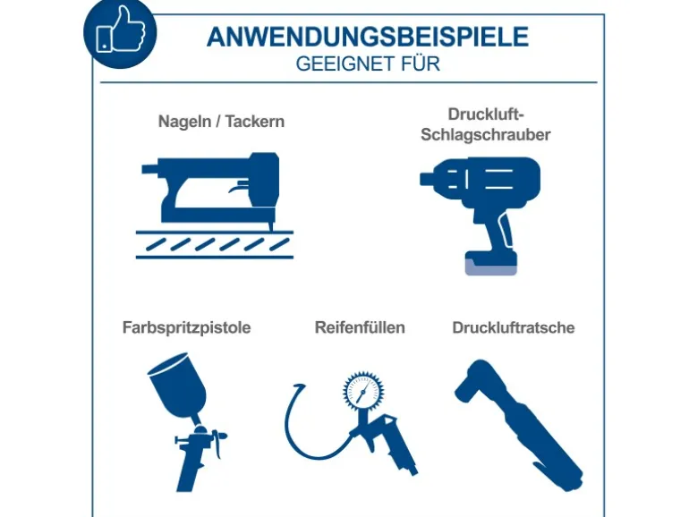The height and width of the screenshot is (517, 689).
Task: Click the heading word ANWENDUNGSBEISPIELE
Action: click(x=368, y=37)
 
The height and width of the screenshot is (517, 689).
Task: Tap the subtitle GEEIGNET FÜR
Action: click(x=368, y=64)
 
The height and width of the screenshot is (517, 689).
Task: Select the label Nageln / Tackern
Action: click(x=221, y=122)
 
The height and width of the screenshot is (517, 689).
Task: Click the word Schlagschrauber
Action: click(x=486, y=135)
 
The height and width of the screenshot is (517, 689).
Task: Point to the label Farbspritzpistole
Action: click(x=186, y=327)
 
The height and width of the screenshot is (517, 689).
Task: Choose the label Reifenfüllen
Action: click(x=360, y=327)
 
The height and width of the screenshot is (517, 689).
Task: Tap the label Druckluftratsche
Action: click(x=514, y=327)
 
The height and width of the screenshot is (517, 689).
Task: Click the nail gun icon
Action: click(x=215, y=206)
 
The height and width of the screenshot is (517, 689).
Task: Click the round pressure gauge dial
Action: click(x=363, y=391)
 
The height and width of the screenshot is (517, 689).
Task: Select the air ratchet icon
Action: click(x=518, y=425)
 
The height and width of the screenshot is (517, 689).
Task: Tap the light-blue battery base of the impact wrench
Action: click(x=491, y=267)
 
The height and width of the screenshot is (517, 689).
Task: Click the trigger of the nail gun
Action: click(x=237, y=187)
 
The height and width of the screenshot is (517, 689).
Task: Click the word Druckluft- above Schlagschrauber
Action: click(x=486, y=114)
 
